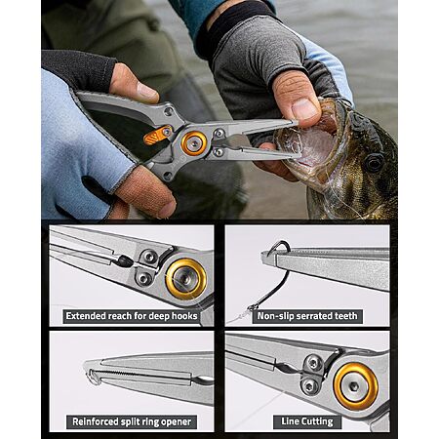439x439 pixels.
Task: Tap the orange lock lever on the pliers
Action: (157, 136)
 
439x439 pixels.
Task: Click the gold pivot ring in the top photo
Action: (194, 143)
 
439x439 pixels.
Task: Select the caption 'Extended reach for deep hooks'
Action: (132, 316)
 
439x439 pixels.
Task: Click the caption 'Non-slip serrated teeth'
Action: (307, 316)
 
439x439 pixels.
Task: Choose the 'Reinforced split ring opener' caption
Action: (132, 421)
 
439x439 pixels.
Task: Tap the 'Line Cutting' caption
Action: (307, 421)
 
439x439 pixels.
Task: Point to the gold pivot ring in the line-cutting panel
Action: (356, 386)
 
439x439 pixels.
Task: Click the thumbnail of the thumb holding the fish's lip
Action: (305, 109)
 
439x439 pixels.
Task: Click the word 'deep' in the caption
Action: (159, 317)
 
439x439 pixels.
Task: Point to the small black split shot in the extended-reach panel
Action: (124, 260)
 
